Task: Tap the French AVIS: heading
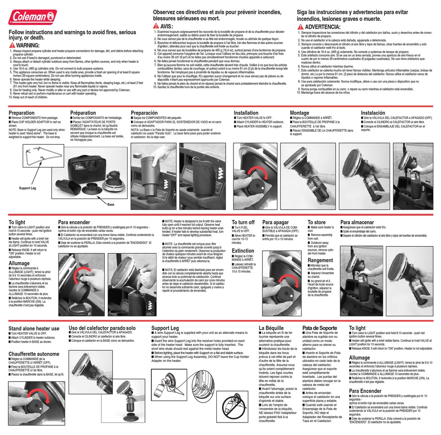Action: (x=166, y=26)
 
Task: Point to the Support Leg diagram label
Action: (x=27, y=188)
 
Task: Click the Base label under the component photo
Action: (x=111, y=204)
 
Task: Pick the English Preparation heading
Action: (x=21, y=113)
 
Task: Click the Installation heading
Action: (x=246, y=113)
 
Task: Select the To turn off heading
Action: (x=243, y=222)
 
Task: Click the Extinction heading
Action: (x=243, y=250)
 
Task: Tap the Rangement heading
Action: (x=320, y=260)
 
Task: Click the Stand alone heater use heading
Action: (x=34, y=328)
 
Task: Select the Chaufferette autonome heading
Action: (x=34, y=354)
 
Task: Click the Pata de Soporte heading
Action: (x=320, y=328)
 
